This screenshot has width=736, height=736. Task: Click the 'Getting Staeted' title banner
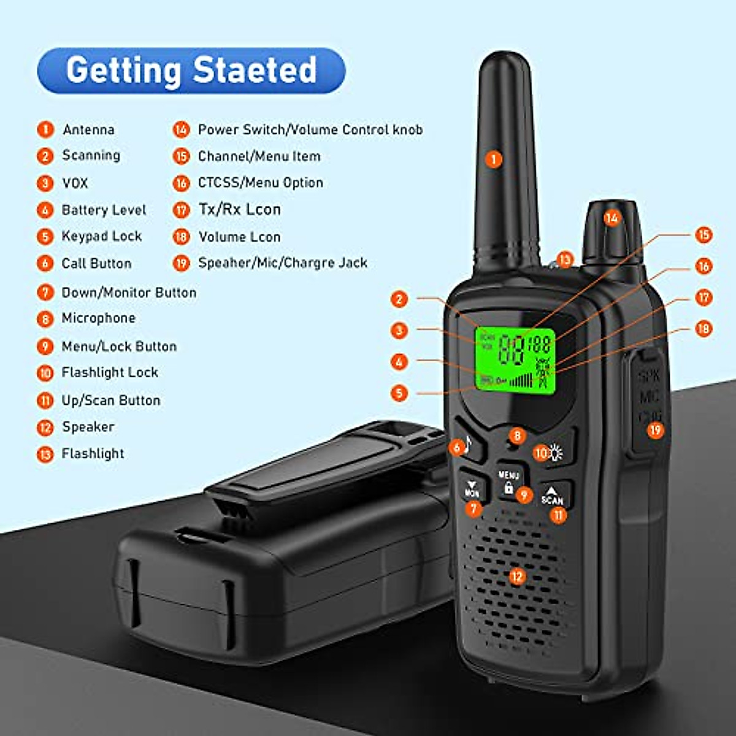pos(191,71)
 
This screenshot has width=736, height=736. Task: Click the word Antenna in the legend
pos(88,129)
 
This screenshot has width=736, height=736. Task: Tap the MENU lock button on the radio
pos(508,482)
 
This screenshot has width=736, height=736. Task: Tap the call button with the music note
pos(466,444)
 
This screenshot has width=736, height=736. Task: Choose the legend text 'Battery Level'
pos(104,210)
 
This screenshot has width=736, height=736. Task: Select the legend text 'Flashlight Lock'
pos(110,372)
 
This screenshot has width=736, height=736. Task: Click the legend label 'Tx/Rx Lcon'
pos(239,210)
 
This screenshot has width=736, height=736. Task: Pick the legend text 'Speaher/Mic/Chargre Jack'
pos(282,263)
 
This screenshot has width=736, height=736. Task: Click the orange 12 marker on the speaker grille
pos(517,576)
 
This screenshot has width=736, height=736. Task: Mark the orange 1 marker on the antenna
pos(493,159)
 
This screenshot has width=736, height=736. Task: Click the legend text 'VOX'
pos(75,183)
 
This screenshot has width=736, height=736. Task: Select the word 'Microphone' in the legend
pos(98,318)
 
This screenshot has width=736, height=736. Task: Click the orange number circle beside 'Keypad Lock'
pos(45,237)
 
